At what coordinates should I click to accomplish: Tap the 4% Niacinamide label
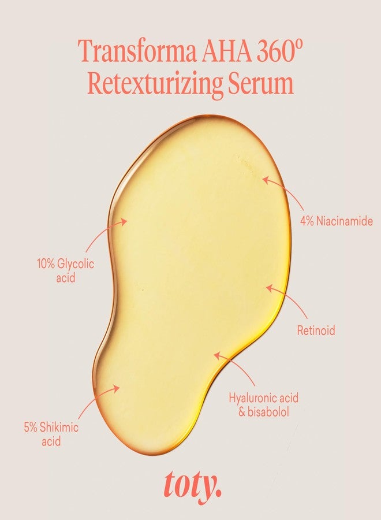pos(337,221)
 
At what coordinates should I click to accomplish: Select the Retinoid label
pos(316,330)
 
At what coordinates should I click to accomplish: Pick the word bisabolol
pos(268,412)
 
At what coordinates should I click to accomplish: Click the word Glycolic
pos(76,264)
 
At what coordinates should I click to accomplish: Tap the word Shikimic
pos(59,427)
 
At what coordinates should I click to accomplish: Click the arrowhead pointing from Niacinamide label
pos(266,180)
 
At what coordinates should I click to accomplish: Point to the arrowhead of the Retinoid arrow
pos(270,288)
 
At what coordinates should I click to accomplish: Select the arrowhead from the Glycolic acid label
pos(124,221)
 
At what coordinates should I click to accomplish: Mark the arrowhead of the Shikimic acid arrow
pos(116,388)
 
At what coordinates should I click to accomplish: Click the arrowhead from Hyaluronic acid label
pos(217,355)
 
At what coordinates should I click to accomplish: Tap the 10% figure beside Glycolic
pos(46,264)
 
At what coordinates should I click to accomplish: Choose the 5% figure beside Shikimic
pos(30,427)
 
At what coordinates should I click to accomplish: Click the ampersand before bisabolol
pos(242,412)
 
